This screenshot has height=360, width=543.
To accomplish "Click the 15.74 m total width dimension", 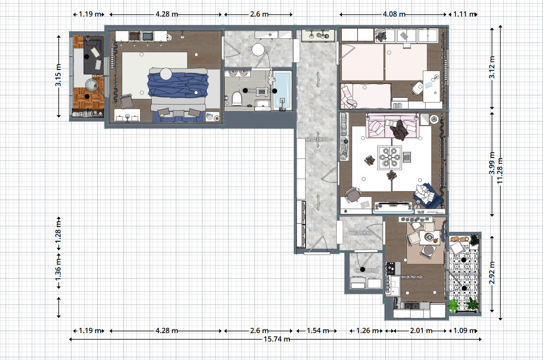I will coord(275,339).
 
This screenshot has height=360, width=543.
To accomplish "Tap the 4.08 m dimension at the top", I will coord(394,14).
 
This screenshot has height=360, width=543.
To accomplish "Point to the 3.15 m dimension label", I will coord(58,76).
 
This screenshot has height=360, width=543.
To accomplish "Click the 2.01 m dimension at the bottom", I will coord(420,331).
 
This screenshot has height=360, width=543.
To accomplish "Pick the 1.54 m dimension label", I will coord(316,331).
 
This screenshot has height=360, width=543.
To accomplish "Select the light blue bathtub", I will coord(282,90).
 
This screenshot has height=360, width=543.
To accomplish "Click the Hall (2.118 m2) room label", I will coord(360,233).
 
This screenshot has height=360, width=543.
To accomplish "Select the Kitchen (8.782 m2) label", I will coord(411,277).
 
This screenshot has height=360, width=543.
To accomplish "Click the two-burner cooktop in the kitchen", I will coord(391,269).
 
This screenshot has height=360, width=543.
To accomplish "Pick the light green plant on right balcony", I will coord(453,305).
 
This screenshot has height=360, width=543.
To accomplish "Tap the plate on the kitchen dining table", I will coord(429,236).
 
